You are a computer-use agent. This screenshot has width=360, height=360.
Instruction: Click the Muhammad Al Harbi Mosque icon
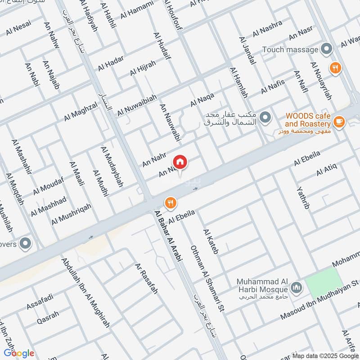(x=296, y=286)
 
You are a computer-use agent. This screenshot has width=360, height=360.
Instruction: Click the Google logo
(x=19, y=353)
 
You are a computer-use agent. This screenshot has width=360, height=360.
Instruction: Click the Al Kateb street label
(x=210, y=242)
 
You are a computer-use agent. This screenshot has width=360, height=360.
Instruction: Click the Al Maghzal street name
(x=81, y=111)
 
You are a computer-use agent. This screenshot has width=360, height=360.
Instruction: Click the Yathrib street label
(x=304, y=198)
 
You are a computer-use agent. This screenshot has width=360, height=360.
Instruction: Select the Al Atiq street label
(x=326, y=170)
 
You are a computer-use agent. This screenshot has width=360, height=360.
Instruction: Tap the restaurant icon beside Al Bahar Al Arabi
(x=170, y=202)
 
